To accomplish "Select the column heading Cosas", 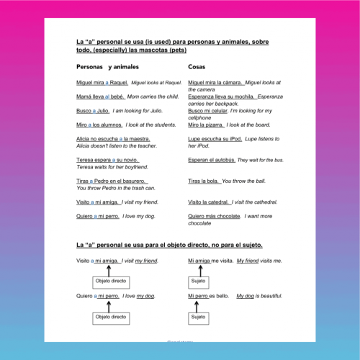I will pos(197,66).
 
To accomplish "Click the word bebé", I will pos(117,96).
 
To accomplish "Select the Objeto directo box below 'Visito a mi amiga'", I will pos(110,282).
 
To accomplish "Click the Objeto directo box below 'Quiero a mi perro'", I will pos(110,317).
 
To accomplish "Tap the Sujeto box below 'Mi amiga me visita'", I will pos(198,282).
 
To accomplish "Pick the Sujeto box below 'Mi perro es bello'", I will pos(198,317).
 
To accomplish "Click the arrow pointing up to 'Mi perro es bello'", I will pos(198,305).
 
